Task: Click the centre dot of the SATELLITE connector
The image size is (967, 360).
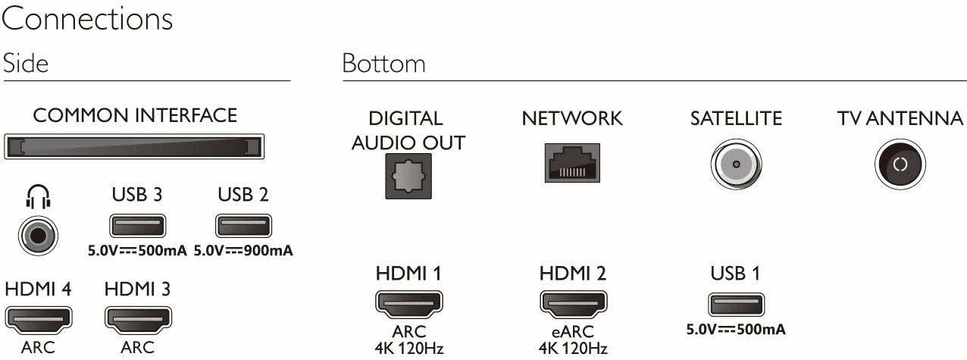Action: tap(737, 164)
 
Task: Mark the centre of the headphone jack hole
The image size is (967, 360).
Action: tap(38, 236)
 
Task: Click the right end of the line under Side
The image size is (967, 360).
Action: tap(290, 81)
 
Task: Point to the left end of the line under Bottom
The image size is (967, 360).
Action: tap(343, 81)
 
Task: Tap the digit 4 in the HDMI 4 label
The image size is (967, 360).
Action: tap(66, 289)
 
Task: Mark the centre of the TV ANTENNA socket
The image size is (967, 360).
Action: tap(900, 164)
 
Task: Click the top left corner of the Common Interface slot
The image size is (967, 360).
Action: tap(5, 134)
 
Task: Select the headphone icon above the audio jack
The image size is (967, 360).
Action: tap(38, 197)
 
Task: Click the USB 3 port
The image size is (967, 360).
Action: tap(138, 226)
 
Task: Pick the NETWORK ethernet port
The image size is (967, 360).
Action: tap(572, 163)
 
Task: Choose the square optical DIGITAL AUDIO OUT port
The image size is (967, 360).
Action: tap(408, 176)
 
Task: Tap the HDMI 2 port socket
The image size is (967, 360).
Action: tap(573, 303)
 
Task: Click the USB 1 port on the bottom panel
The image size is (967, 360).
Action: tap(736, 305)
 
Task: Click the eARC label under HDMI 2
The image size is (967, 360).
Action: tap(573, 331)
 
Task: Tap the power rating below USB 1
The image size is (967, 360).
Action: tap(736, 330)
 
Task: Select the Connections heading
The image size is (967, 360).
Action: tap(87, 19)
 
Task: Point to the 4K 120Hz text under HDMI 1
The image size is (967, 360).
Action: tap(408, 348)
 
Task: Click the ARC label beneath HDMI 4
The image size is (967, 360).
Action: tap(38, 347)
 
